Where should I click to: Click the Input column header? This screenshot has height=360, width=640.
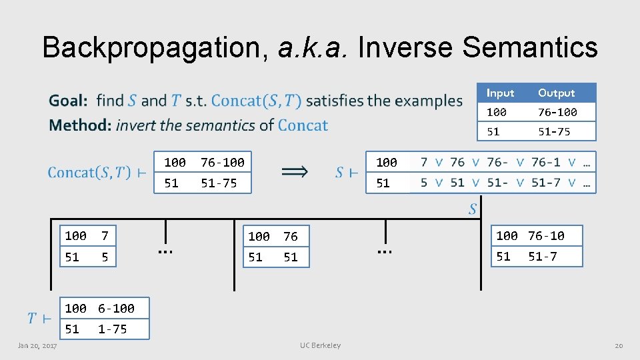pos(500,93)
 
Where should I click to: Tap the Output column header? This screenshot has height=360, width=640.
pos(556,93)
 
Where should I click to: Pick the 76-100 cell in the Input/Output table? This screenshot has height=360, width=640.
pos(557,112)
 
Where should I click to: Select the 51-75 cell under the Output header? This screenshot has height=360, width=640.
pos(554,131)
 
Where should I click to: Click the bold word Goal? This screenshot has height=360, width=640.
pos(68,101)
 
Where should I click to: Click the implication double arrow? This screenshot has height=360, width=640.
pos(294,172)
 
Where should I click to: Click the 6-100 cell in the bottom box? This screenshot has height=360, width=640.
pos(116,308)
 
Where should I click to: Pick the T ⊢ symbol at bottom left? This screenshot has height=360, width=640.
pos(39,319)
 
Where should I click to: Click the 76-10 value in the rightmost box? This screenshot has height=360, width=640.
pos(546,235)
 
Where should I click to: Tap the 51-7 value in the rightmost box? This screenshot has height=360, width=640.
pos(543,256)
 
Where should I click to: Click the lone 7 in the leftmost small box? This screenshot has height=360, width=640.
pos(104,235)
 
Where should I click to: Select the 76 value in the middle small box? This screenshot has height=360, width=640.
pos(291,236)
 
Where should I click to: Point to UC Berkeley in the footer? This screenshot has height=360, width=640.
pos(320,345)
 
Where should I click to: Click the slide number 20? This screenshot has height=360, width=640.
pos(618,345)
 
